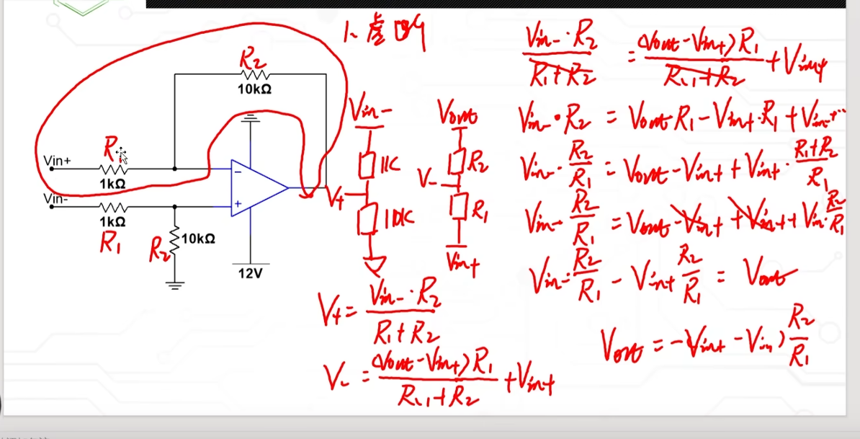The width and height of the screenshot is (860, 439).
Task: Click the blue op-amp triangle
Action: click(256, 188)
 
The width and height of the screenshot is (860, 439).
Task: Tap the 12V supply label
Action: click(250, 272)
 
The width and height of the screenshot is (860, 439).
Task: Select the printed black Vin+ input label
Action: click(58, 161)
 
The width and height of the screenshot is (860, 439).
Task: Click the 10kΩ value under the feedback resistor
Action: click(254, 89)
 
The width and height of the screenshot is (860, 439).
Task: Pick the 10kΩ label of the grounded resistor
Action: click(198, 239)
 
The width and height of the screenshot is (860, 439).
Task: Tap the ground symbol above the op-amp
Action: click(250, 117)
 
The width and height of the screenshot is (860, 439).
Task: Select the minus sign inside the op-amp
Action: click(238, 172)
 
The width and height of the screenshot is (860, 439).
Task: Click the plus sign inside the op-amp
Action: click(238, 205)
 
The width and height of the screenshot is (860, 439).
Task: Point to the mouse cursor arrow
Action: click(122, 155)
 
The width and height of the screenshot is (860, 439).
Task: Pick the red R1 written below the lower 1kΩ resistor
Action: click(110, 245)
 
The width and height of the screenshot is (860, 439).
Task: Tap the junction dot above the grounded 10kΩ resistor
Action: click(174, 206)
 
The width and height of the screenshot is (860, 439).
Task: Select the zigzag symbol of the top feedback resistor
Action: click(254, 74)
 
